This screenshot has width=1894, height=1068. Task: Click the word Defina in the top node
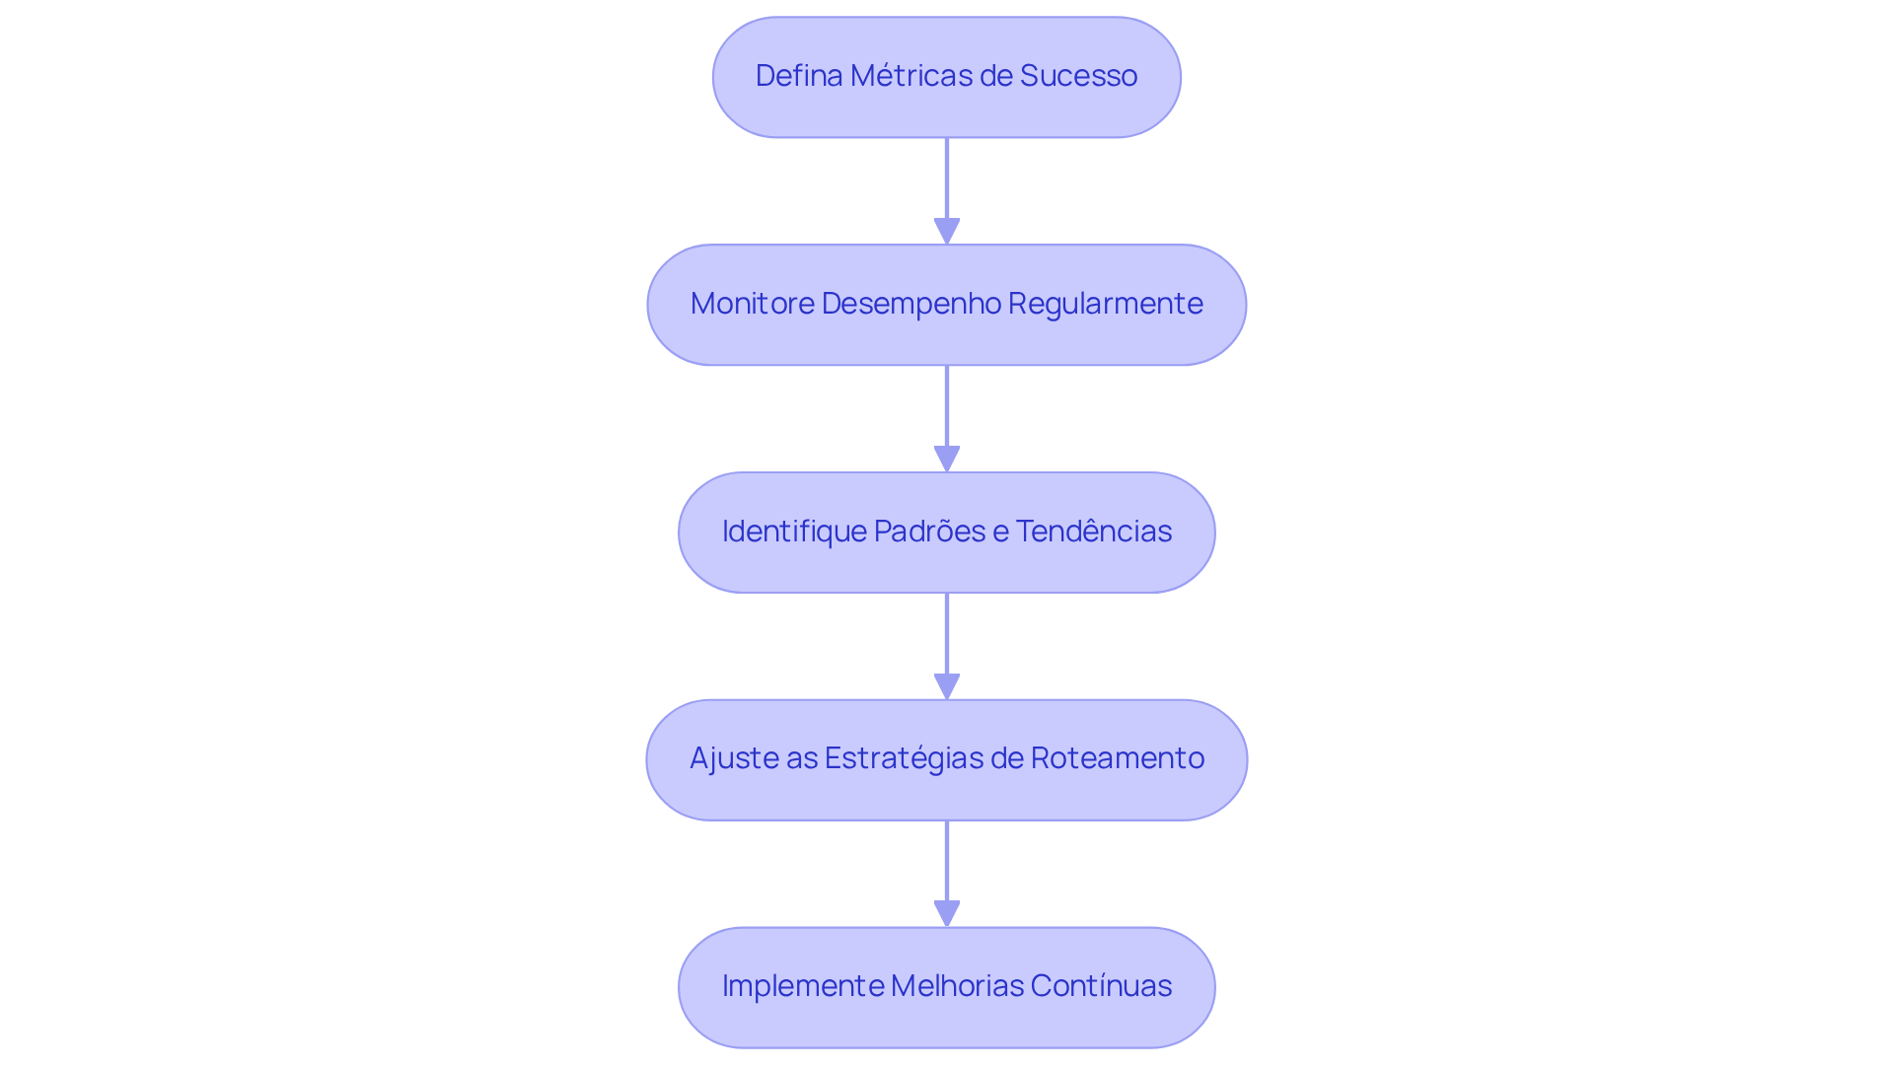(798, 76)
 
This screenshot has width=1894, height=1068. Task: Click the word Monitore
(753, 304)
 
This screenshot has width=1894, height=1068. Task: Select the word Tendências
(1093, 532)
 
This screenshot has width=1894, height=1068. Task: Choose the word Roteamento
(1117, 758)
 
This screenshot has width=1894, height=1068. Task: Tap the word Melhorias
(957, 986)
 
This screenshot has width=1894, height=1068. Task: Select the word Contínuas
(1101, 986)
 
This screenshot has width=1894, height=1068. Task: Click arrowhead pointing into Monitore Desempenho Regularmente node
(947, 232)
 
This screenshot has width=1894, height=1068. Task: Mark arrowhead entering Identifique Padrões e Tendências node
(947, 460)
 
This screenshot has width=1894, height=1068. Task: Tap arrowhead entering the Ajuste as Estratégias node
(947, 687)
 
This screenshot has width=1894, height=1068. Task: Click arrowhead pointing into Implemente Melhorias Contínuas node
(947, 914)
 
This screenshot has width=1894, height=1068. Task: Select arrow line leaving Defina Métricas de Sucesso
(947, 178)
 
